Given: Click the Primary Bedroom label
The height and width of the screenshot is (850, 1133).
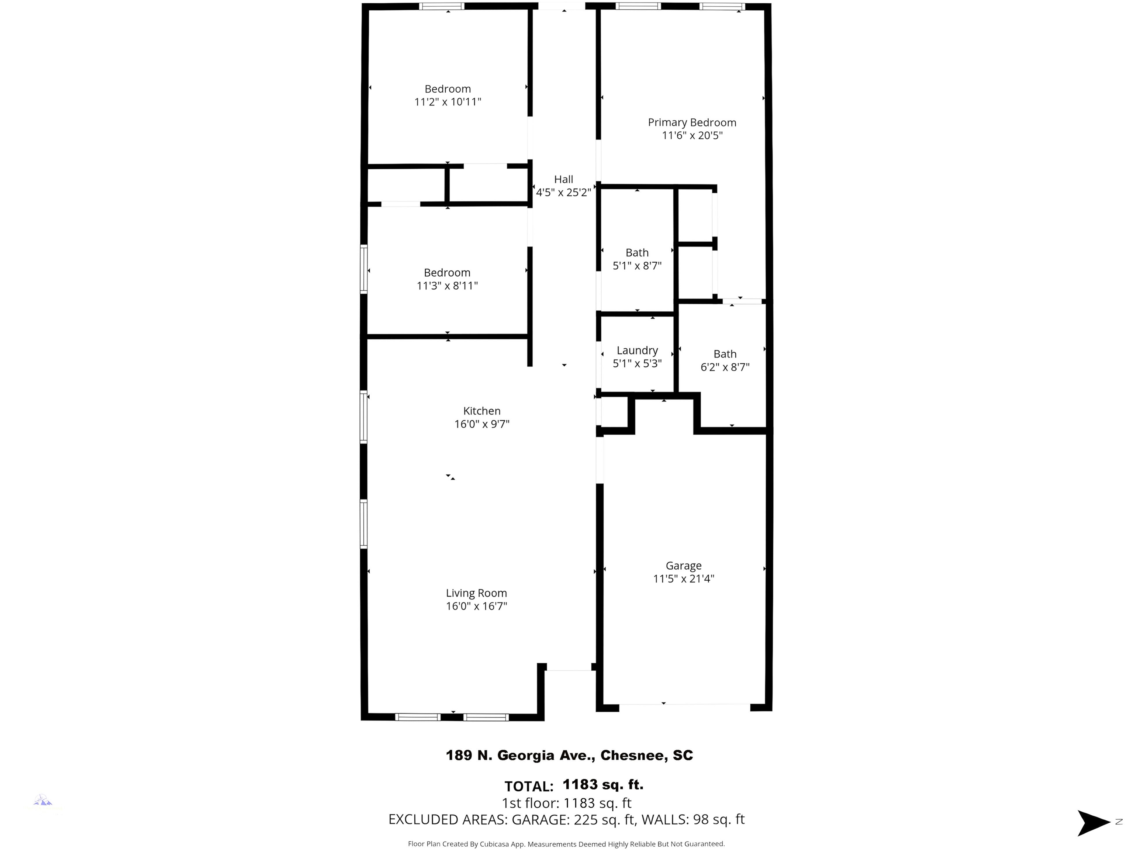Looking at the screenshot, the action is click(692, 123).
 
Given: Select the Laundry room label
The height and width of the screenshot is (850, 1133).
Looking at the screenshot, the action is click(637, 351).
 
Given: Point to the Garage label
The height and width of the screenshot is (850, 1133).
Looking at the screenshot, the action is click(684, 566).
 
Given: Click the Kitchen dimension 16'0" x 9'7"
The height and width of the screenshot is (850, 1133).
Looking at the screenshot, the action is click(482, 424).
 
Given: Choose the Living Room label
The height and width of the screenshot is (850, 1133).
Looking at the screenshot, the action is click(476, 593).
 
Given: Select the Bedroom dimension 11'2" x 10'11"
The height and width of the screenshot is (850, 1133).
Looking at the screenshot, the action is click(448, 102).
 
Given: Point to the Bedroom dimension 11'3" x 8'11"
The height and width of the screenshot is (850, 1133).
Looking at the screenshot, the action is click(447, 286).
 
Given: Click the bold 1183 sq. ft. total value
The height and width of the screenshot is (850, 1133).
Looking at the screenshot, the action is click(603, 784).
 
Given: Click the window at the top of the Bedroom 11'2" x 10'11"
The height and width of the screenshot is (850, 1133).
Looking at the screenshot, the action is click(442, 7).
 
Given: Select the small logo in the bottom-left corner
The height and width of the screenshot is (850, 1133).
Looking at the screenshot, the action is click(44, 801).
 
